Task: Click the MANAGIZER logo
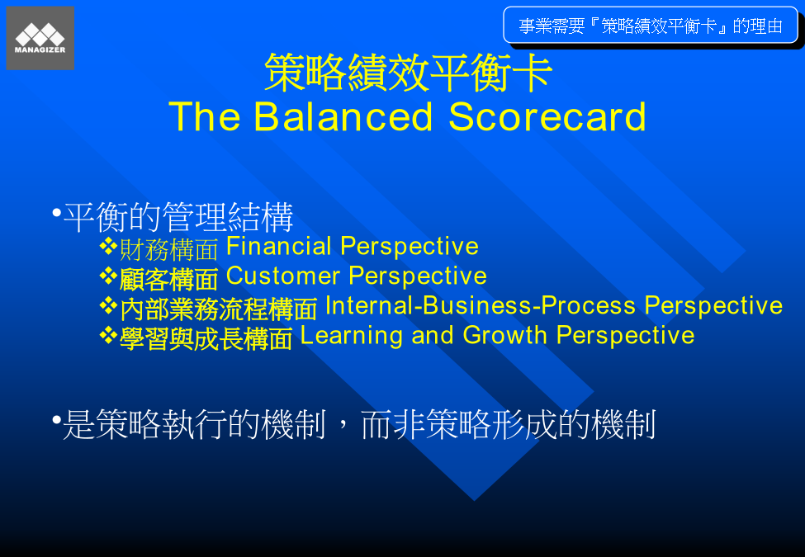(40, 38)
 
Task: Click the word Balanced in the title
(343, 117)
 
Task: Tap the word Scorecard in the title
(547, 117)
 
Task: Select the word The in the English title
(204, 117)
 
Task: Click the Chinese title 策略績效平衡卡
(408, 73)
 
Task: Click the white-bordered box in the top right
(651, 25)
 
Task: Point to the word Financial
(279, 246)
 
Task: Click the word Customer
(283, 276)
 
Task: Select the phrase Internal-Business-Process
(481, 305)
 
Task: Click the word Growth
(505, 336)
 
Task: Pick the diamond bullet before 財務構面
(108, 246)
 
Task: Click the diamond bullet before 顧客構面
(108, 276)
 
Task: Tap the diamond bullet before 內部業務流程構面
(108, 306)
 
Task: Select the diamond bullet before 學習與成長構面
(108, 336)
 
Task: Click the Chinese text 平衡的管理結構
(178, 217)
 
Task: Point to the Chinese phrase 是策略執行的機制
(194, 424)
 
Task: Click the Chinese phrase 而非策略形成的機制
(509, 424)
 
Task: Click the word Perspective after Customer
(418, 277)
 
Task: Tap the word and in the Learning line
(433, 336)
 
